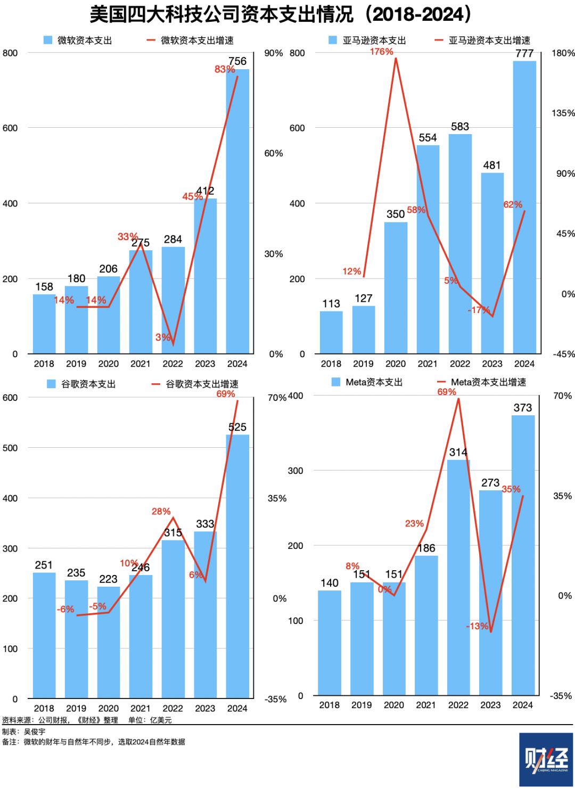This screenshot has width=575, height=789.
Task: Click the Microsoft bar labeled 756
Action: tap(237, 213)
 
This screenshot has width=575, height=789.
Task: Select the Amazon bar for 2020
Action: tap(396, 287)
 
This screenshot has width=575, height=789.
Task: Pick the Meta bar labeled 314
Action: tap(458, 578)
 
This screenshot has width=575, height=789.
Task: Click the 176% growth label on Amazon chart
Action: tap(381, 52)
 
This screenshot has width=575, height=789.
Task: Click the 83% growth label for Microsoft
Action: tap(225, 69)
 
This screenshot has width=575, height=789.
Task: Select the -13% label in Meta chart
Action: tap(477, 627)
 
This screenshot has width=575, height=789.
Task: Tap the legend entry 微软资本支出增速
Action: tap(197, 40)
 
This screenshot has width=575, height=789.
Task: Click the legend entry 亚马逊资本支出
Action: tap(374, 40)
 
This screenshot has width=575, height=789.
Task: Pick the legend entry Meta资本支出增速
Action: tap(488, 382)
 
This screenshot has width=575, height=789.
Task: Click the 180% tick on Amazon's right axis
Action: tap(563, 53)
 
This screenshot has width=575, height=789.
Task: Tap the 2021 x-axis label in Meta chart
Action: tap(426, 705)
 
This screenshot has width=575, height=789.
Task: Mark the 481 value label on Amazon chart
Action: tap(492, 166)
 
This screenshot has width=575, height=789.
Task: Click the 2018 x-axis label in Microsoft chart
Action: tap(44, 364)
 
